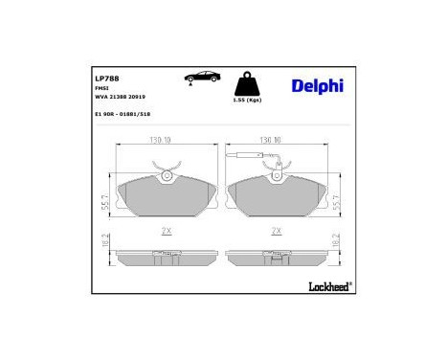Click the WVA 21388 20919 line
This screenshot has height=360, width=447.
pos(121,98)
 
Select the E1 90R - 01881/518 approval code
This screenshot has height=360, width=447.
pos(123,114)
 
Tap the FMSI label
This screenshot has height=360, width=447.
pos(101,88)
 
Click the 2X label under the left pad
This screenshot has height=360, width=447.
pos(167,232)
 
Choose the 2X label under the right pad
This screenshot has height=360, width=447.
pos(276,232)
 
